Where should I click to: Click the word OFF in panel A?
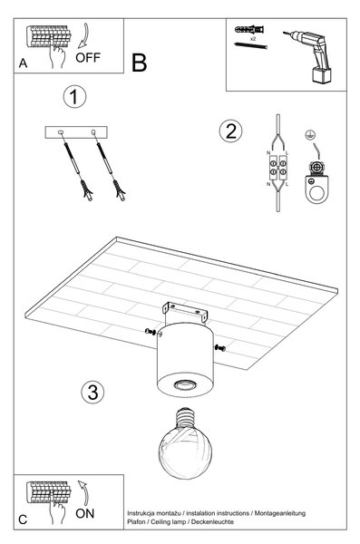pos(88,57)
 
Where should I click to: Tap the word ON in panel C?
pos(84,513)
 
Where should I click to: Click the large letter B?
pos(139,63)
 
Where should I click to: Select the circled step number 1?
pos(74,96)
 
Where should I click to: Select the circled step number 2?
pos(231,131)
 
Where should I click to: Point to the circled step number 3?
pos(92,392)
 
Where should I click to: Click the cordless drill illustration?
pos(309,55)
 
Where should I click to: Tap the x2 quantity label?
pos(253,39)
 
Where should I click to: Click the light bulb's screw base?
pos(185,419)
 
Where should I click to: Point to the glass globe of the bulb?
pos(185,452)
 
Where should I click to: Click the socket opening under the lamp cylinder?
pos(185,384)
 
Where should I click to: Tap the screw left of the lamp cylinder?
pos(151,332)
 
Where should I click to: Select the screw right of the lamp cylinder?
pos(220,347)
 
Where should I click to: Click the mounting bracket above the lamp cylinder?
pos(185,311)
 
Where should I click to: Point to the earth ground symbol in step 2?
pos(308,134)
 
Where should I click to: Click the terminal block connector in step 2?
pos(278,168)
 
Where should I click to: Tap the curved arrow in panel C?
pos(83,492)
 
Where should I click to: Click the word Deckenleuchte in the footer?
pos(212,522)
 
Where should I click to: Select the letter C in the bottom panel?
pos(23,520)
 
